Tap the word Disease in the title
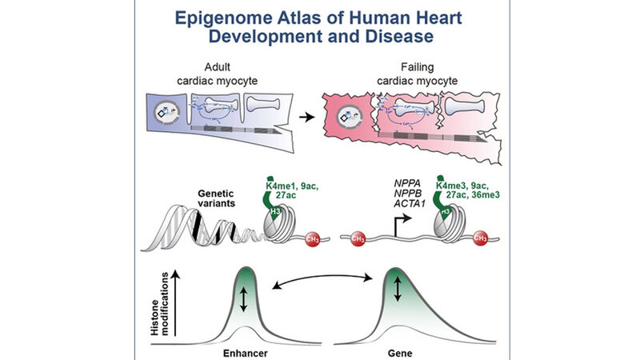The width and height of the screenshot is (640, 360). point(415,38)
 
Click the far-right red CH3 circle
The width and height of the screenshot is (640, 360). point(482,238)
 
